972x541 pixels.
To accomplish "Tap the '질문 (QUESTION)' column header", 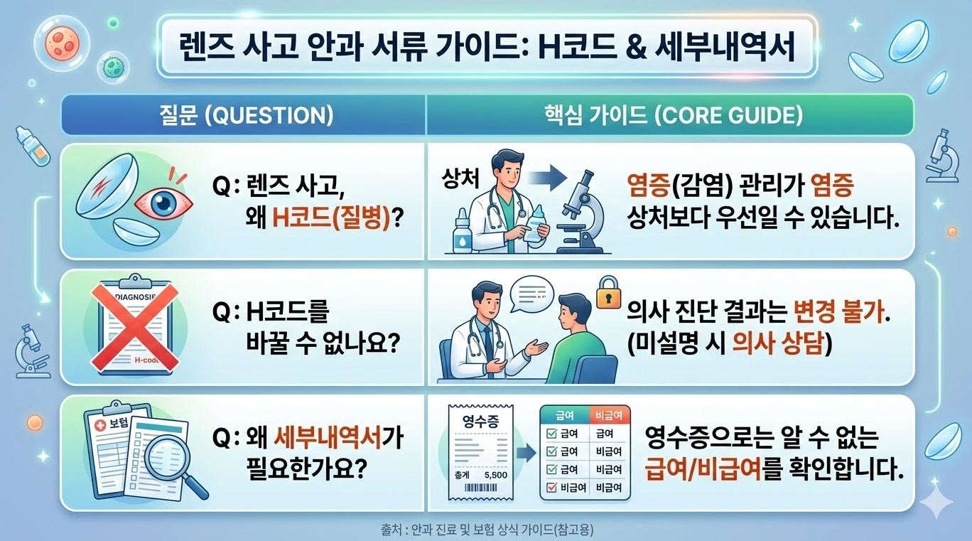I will pyautogui.click(x=243, y=116).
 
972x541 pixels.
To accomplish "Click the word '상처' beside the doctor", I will pyautogui.click(x=458, y=176).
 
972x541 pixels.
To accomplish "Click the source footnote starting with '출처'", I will pyautogui.click(x=486, y=530).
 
